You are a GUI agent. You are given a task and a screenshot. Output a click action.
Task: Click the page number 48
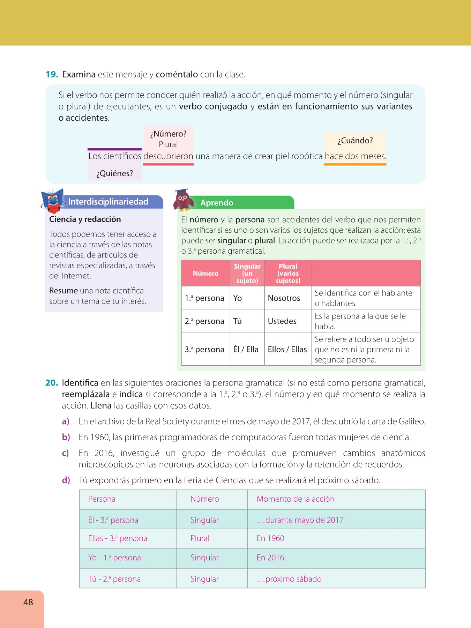pyautogui.click(x=28, y=602)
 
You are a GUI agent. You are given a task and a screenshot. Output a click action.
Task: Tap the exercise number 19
pyautogui.click(x=52, y=74)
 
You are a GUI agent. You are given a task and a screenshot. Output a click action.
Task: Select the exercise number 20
pyautogui.click(x=52, y=383)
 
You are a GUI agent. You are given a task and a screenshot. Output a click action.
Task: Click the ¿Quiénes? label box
pyautogui.click(x=114, y=173)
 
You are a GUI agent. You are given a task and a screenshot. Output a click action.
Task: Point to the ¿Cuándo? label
pyautogui.click(x=355, y=141)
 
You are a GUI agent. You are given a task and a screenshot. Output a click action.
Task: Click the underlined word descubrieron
pyautogui.click(x=168, y=156)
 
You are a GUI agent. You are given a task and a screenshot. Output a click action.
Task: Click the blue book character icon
pyautogui.click(x=52, y=201)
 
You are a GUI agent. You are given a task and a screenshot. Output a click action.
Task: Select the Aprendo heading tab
pyautogui.click(x=217, y=203)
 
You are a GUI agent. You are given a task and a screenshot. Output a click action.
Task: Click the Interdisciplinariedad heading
pyautogui.click(x=108, y=202)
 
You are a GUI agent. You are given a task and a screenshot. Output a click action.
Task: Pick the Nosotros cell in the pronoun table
pyautogui.click(x=284, y=298)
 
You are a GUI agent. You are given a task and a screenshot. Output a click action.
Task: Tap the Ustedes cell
pyautogui.click(x=282, y=321)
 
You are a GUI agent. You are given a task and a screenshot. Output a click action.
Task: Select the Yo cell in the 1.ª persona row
pyautogui.click(x=238, y=298)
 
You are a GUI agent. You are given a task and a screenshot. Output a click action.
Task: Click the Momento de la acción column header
pyautogui.click(x=296, y=499)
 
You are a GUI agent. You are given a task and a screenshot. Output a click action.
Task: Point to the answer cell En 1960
pyautogui.click(x=270, y=538)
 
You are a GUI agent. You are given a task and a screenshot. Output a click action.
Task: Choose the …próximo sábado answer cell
pyautogui.click(x=289, y=579)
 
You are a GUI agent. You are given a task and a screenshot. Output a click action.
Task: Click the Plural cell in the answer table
pyautogui.click(x=200, y=538)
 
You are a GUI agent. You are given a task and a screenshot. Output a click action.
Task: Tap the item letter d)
pyautogui.click(x=66, y=480)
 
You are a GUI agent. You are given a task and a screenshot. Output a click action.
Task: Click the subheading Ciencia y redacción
pyautogui.click(x=85, y=219)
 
